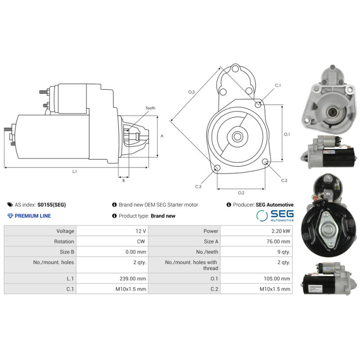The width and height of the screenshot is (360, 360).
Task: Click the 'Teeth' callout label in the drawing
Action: [150, 108]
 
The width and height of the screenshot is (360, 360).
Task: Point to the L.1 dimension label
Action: [75, 171]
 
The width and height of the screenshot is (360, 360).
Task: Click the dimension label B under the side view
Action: [123, 181]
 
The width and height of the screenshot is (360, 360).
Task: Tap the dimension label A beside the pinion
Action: [162, 135]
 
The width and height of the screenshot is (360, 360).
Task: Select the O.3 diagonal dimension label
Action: [191, 92]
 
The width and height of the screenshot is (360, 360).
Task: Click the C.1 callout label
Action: [278, 85]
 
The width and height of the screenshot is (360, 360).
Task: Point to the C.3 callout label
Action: [198, 186]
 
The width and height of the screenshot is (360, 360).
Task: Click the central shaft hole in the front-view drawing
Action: [237, 135]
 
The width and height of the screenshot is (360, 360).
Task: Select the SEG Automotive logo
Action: [274, 216]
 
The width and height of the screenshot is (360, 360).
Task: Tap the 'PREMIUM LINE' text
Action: [33, 216]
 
